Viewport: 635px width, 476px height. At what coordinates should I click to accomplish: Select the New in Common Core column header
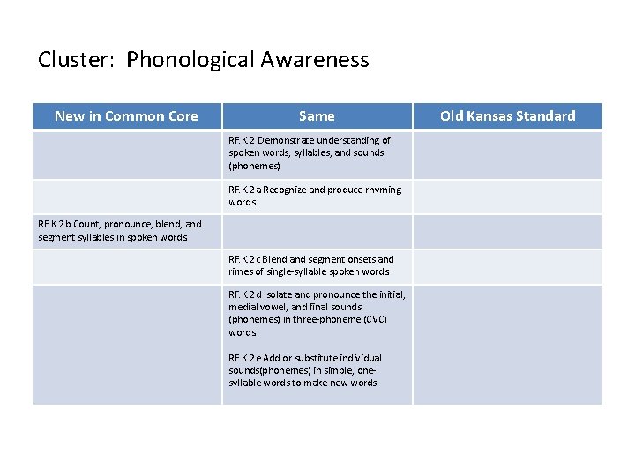point(126,116)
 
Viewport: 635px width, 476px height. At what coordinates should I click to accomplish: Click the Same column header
point(317,116)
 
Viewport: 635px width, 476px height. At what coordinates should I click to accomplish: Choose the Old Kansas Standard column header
point(507,116)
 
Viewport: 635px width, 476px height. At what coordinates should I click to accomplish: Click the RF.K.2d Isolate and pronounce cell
point(316,313)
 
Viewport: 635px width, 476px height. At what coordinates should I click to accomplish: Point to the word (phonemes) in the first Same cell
point(254,166)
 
